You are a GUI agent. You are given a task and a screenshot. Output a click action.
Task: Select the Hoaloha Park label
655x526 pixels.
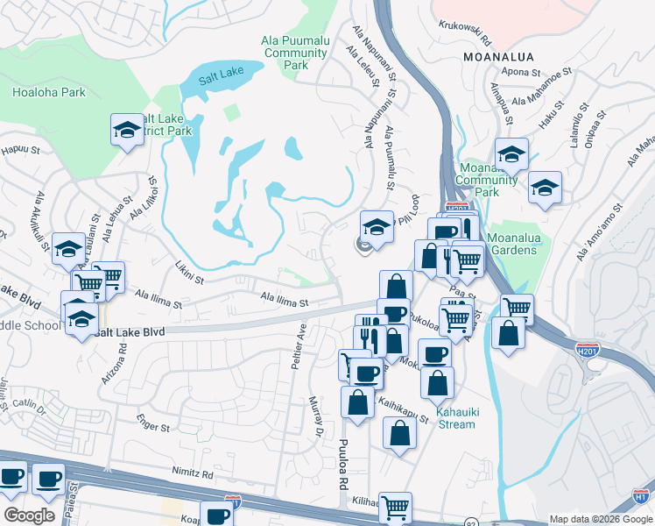click(49, 91)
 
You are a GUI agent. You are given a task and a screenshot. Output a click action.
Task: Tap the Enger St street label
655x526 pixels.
click(152, 427)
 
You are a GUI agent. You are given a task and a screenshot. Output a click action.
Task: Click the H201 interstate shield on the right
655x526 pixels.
click(588, 350)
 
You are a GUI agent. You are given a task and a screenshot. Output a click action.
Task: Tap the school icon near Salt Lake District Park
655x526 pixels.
click(128, 131)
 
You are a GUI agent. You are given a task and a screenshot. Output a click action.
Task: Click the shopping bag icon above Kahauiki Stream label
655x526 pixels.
click(437, 381)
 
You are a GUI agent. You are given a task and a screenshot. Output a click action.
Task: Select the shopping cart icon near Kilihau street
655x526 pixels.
click(396, 507)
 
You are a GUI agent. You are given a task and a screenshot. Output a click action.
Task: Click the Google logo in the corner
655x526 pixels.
click(29, 515)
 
